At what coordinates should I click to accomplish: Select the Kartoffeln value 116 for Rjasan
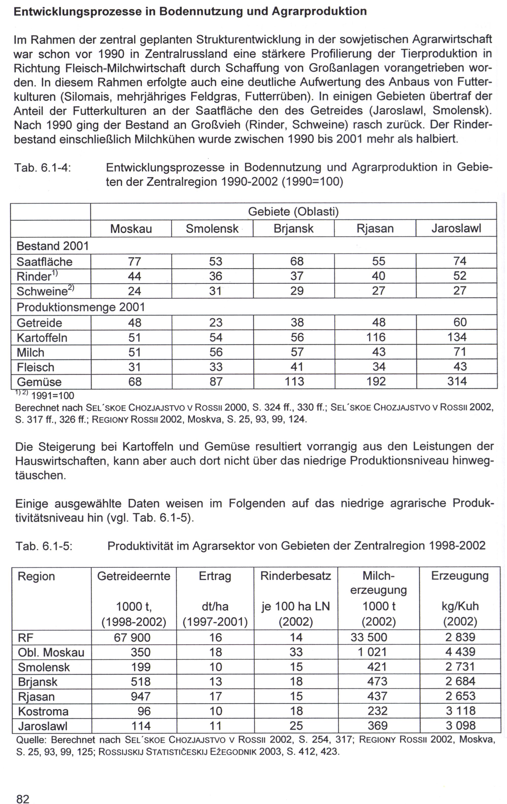(376, 337)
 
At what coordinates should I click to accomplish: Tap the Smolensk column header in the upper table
(212, 229)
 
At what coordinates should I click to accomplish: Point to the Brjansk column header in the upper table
(293, 229)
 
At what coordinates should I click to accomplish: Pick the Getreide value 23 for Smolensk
(216, 323)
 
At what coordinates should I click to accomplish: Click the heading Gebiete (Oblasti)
(293, 212)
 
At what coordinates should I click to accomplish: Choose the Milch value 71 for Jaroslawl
(460, 352)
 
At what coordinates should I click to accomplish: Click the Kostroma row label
(43, 711)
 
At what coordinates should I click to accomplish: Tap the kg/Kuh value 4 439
(460, 652)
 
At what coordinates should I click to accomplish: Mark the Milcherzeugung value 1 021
(372, 652)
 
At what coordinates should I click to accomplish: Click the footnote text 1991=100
(52, 396)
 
